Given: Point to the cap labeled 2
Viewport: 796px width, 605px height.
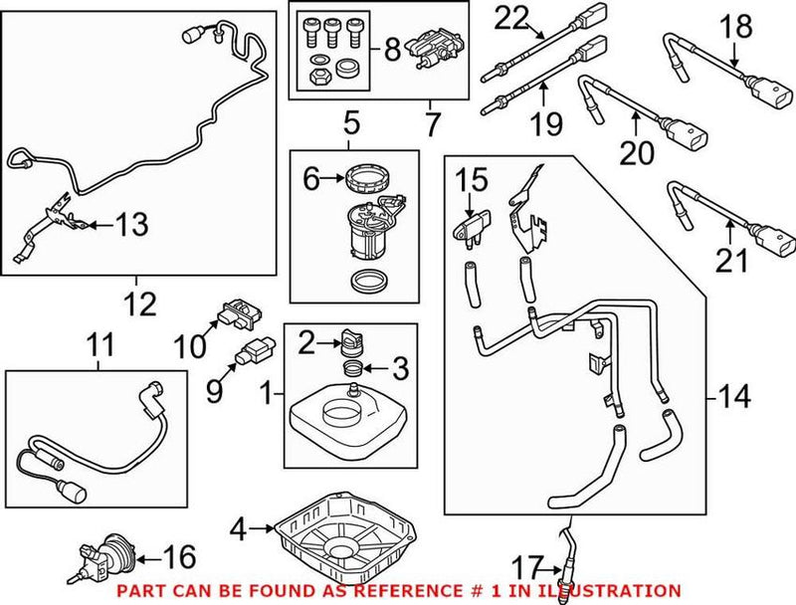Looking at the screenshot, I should tap(349, 342).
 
